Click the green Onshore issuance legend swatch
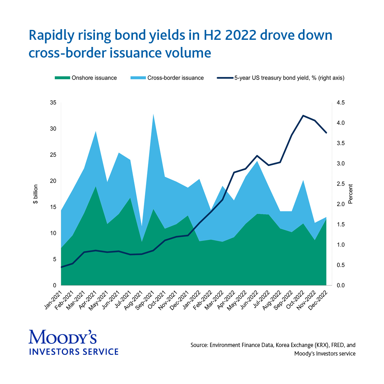62,78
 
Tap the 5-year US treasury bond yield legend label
289,78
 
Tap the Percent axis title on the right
350,194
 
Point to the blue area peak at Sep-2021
153,114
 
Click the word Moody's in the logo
62,337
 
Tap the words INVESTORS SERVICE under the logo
73,352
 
